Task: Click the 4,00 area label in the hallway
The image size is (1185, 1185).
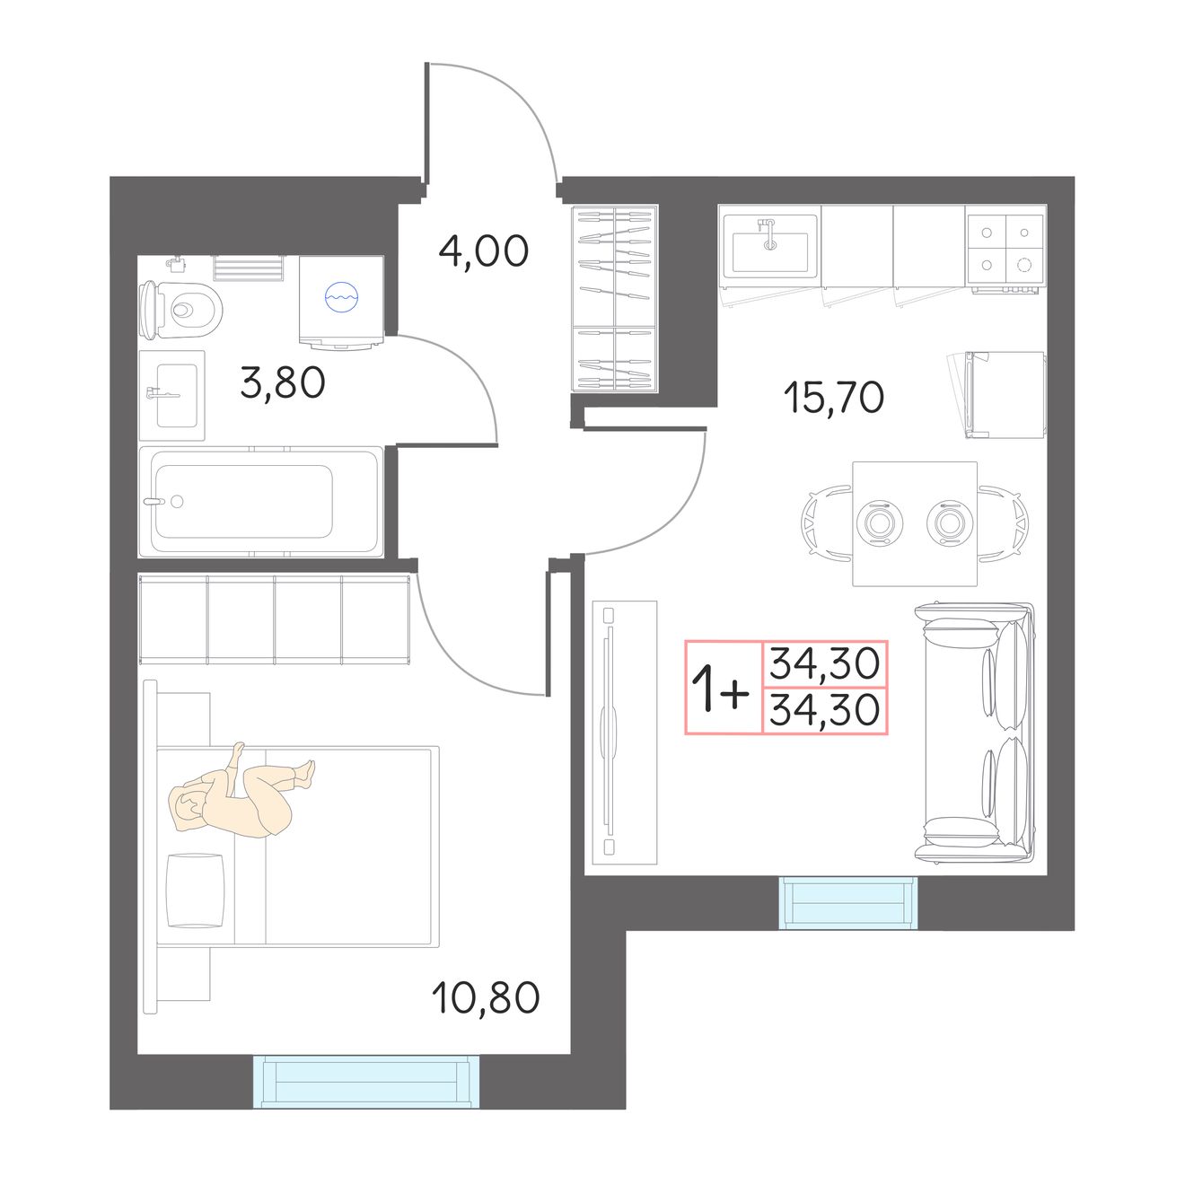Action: pyautogui.click(x=483, y=251)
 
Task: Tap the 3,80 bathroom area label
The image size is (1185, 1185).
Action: pyautogui.click(x=282, y=382)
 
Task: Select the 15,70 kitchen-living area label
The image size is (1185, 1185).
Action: pyautogui.click(x=833, y=398)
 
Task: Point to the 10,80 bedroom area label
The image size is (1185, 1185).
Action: pyautogui.click(x=485, y=997)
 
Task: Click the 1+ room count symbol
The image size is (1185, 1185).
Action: pyautogui.click(x=720, y=687)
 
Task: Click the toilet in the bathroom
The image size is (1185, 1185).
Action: pyautogui.click(x=180, y=310)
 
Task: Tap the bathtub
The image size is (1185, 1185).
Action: pyautogui.click(x=260, y=502)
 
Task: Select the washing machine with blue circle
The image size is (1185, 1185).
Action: pyautogui.click(x=341, y=303)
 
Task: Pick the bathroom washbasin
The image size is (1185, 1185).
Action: pyautogui.click(x=172, y=395)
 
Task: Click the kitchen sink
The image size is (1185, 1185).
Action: pyautogui.click(x=770, y=245)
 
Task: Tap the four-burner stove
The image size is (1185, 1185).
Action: pyautogui.click(x=1005, y=249)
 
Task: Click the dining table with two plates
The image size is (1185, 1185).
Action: pyautogui.click(x=915, y=523)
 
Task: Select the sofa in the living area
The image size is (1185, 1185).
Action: pyautogui.click(x=975, y=733)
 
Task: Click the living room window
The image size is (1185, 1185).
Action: pyautogui.click(x=848, y=902)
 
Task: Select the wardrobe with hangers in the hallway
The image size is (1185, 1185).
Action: pyautogui.click(x=615, y=298)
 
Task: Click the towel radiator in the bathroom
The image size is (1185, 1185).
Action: pyautogui.click(x=249, y=268)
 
